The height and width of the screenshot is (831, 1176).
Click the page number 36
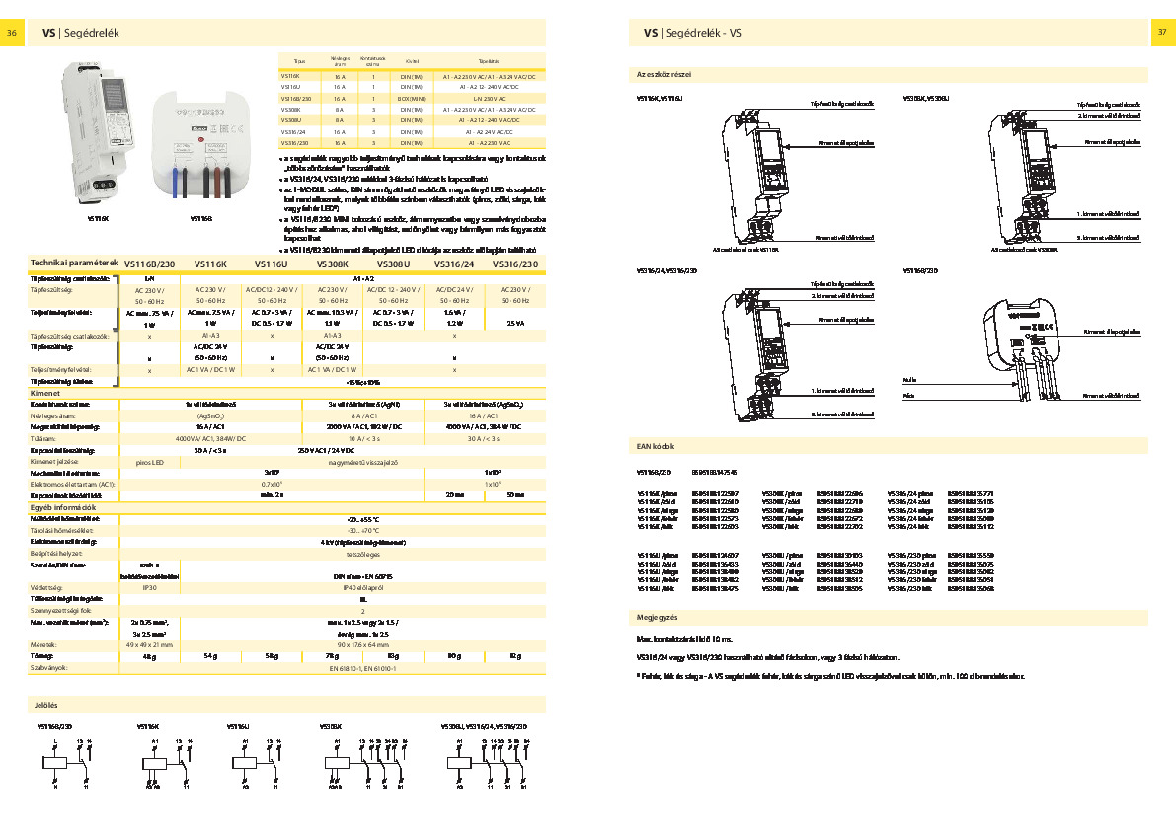12,33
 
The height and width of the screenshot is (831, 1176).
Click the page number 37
1161,33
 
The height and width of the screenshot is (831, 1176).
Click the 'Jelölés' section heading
45,706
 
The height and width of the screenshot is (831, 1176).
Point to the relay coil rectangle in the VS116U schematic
244,763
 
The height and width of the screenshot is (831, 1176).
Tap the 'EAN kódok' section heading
656,447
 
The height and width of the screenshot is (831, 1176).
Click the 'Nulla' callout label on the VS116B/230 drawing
909,407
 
